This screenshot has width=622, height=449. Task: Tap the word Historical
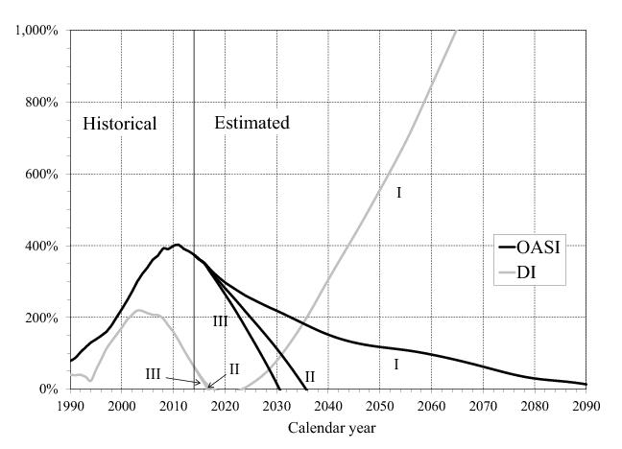click(119, 124)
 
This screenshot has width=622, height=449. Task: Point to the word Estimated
click(251, 124)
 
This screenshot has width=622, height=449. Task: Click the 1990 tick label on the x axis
click(70, 406)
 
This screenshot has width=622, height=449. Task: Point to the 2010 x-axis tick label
click(173, 406)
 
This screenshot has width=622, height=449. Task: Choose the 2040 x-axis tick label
click(328, 406)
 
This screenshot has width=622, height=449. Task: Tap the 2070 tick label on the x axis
click(483, 406)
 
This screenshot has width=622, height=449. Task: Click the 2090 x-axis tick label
click(586, 406)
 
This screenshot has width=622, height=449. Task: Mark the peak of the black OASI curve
click(177, 245)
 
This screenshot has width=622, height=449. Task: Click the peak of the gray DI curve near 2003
click(139, 310)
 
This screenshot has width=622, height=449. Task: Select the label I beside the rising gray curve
click(398, 194)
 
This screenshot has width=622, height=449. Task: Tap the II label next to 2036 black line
click(310, 377)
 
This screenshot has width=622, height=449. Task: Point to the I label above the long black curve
click(395, 365)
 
